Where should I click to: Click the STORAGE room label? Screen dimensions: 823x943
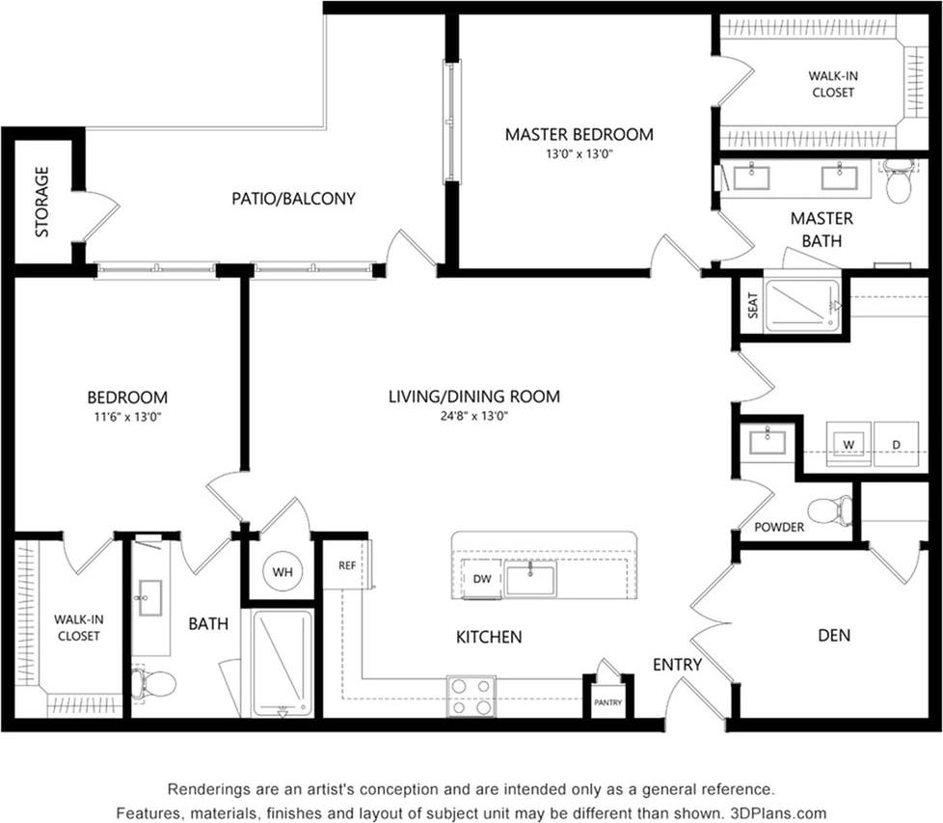click(x=42, y=202)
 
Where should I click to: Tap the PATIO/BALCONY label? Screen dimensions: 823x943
click(x=293, y=199)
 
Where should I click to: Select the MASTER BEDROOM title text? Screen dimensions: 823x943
click(x=579, y=134)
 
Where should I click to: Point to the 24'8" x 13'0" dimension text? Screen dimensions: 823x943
click(x=473, y=417)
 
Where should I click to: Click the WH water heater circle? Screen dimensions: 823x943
click(x=282, y=572)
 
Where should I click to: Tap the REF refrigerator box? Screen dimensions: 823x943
click(x=347, y=567)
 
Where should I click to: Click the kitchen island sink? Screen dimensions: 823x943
click(x=529, y=580)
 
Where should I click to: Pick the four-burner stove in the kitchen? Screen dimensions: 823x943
click(x=471, y=696)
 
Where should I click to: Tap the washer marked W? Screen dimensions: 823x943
click(x=849, y=445)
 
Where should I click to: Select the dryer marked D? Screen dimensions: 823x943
click(x=896, y=445)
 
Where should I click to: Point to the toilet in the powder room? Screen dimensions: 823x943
click(x=829, y=509)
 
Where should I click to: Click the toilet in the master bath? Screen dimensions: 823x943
click(x=899, y=183)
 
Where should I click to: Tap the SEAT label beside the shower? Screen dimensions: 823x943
click(x=753, y=306)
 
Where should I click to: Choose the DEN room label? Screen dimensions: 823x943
click(x=834, y=636)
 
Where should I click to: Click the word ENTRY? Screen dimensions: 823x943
click(x=677, y=665)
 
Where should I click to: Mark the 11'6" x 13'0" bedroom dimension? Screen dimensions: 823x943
click(x=127, y=417)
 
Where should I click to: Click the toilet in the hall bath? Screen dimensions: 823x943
click(x=153, y=684)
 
